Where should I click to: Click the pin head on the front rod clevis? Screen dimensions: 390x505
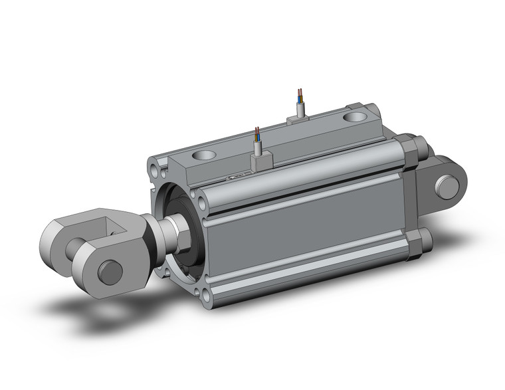pyautogui.click(x=109, y=272)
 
